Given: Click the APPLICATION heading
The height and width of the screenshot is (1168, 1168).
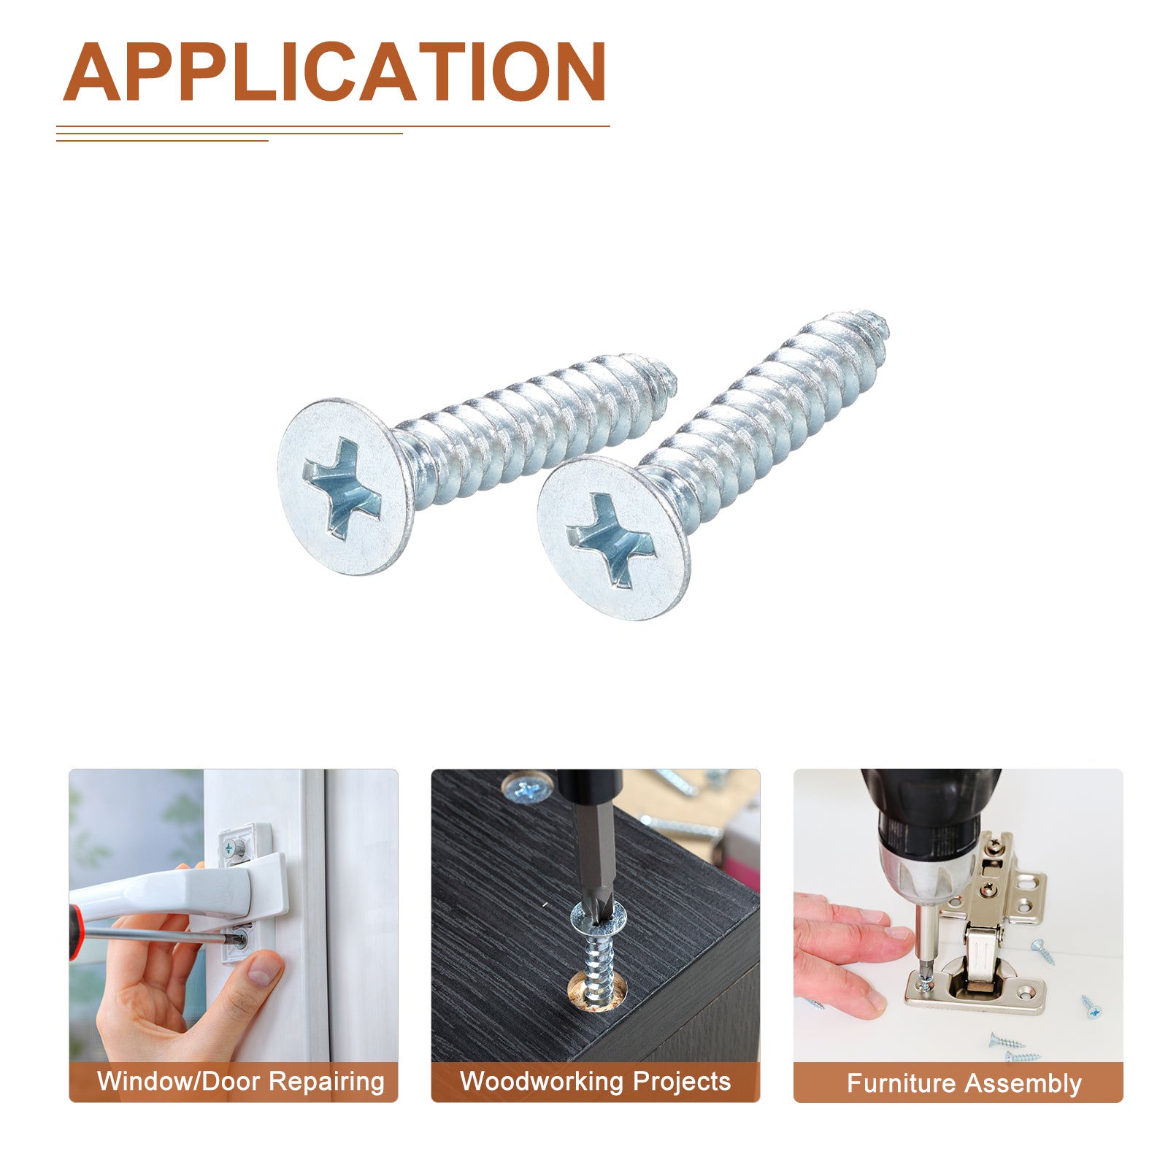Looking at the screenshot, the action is pos(335,72).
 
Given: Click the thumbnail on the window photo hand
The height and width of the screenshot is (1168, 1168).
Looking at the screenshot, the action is pos(264,968).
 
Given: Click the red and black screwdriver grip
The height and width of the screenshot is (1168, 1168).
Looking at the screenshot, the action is pos(75,933).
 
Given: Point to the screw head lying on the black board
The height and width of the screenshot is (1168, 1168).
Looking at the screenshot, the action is pos(525,789).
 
